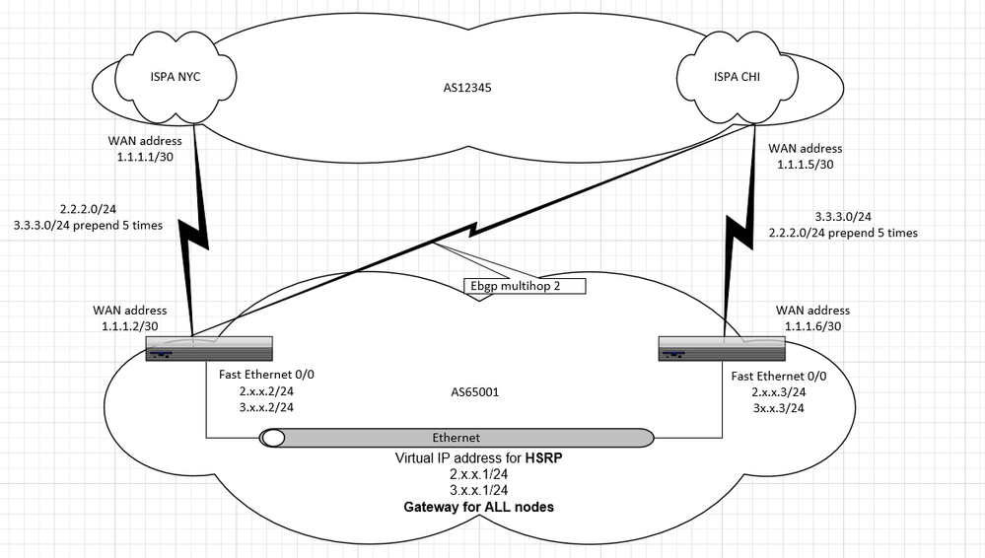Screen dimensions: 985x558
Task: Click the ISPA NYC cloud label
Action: tap(176, 77)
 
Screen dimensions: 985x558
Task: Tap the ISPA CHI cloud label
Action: tap(737, 77)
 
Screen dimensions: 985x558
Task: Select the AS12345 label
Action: tap(467, 88)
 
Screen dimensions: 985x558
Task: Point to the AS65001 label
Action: tap(475, 392)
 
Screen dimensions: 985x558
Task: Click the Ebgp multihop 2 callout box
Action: tap(525, 286)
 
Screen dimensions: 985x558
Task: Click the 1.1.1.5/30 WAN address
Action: tap(806, 165)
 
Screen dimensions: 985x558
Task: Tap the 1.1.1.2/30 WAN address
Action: tap(130, 326)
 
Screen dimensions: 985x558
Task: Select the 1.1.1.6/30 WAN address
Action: tap(812, 326)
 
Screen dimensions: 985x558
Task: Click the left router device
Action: tap(209, 349)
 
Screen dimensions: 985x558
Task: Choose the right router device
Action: tap(722, 349)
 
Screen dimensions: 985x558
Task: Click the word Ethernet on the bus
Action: tap(457, 438)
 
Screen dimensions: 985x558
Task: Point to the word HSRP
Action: tap(544, 458)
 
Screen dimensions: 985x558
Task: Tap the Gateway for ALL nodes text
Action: tap(478, 507)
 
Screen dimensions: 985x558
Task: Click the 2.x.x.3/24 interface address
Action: tap(779, 392)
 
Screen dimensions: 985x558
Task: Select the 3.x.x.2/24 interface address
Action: tap(266, 407)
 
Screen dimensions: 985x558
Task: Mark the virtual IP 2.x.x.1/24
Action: tap(478, 474)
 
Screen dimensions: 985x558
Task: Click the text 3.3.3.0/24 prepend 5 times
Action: tap(88, 225)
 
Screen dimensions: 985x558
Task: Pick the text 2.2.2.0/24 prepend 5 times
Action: tap(843, 233)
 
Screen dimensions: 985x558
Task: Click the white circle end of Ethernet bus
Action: tap(273, 438)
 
